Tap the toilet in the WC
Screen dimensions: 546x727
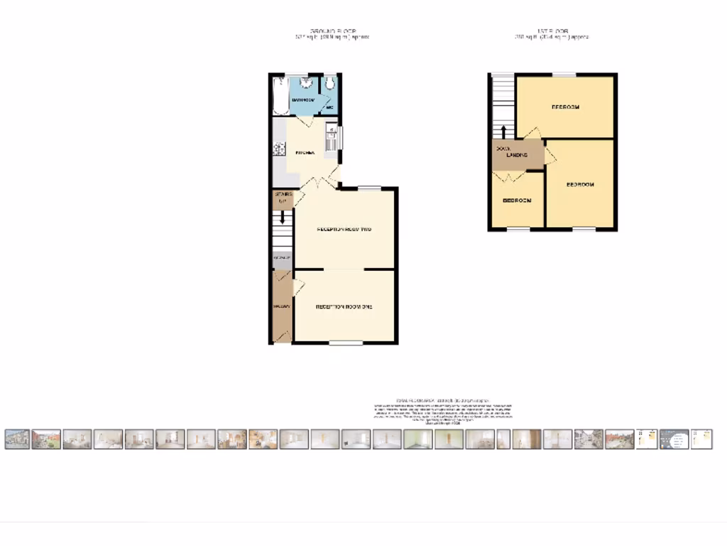pos(330,85)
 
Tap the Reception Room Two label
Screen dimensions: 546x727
pos(344,230)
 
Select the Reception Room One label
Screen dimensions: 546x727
pos(344,307)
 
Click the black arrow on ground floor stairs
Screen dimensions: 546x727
pos(283,218)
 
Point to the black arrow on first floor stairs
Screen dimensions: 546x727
pos(503,132)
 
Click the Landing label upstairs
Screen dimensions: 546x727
pos(517,155)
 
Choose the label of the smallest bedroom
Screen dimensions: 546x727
pos(517,200)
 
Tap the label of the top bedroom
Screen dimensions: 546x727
pos(565,107)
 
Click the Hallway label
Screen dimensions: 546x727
pos(280,306)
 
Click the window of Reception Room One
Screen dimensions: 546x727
pos(346,343)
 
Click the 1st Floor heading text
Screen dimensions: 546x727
pos(553,31)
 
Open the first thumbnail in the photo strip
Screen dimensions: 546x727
pos(17,439)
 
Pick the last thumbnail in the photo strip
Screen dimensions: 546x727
pos(701,439)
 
